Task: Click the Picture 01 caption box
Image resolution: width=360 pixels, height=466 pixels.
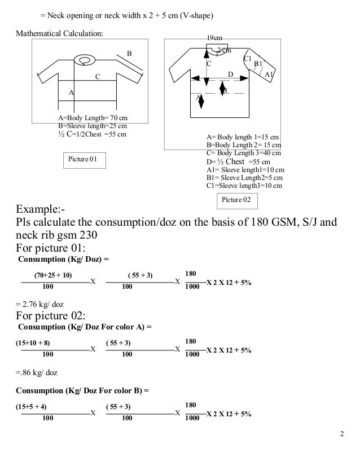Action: pyautogui.click(x=83, y=161)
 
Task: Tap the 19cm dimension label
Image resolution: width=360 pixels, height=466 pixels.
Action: pyautogui.click(x=214, y=38)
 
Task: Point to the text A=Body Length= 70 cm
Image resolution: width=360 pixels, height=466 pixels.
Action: pyautogui.click(x=93, y=118)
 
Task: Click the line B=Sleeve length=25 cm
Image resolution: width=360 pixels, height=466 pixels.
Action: pyautogui.click(x=93, y=126)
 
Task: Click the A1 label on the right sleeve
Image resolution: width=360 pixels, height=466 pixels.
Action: pyautogui.click(x=269, y=74)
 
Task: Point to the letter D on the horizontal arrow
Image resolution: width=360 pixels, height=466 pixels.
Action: pyautogui.click(x=230, y=74)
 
